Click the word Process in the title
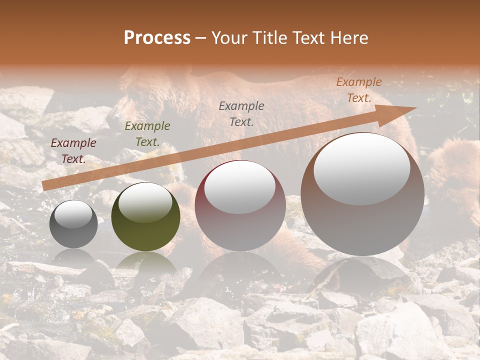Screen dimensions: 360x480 pos(157,38)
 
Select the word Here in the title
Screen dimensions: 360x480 pos(348,38)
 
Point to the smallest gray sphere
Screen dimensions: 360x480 pos(73,224)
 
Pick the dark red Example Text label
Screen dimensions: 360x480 pos(73,151)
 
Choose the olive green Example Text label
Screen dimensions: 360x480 pos(147,134)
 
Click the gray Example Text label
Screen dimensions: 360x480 pos(241,113)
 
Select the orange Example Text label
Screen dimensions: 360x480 pos(359,90)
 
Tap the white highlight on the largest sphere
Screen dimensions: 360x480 pos(362,167)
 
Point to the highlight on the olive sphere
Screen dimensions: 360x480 pos(145,202)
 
